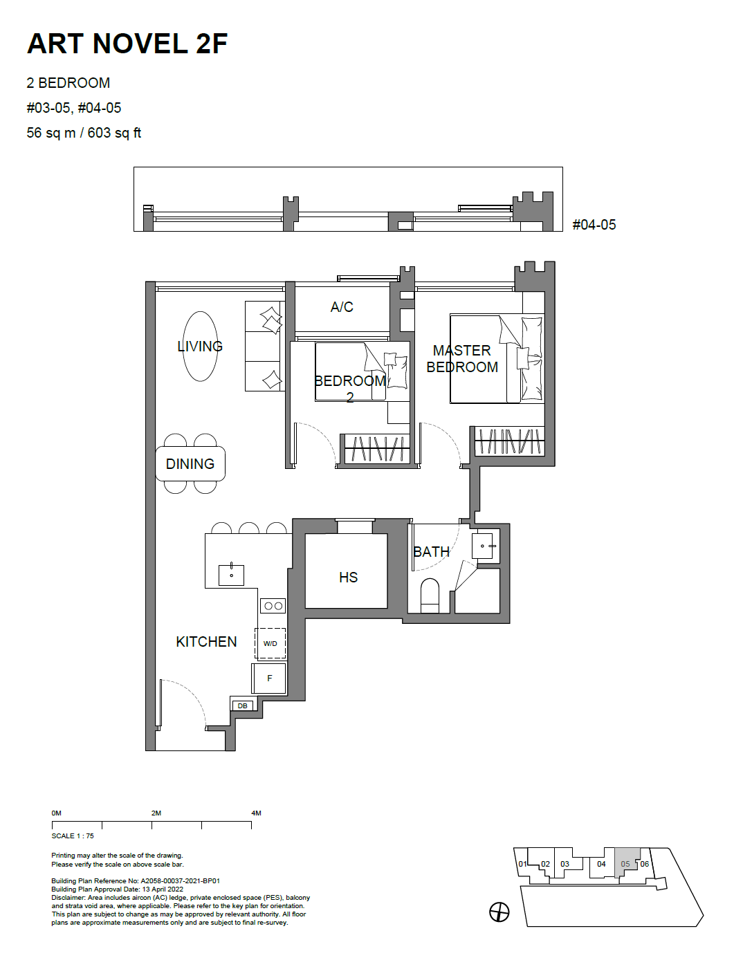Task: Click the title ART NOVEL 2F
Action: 127,44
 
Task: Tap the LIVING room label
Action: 200,346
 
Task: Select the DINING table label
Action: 190,463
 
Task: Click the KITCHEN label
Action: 206,641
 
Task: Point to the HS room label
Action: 348,577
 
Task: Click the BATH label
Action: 431,551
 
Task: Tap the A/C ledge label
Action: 342,307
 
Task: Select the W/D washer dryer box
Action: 270,643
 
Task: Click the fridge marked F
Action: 269,678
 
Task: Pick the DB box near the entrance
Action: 242,705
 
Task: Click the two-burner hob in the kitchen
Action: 273,606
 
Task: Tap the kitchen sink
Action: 231,575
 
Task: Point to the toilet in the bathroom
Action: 430,596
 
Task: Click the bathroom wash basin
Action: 482,546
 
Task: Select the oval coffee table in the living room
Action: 200,346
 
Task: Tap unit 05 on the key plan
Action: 625,863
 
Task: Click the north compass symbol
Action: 499,912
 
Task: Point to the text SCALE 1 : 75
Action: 73,836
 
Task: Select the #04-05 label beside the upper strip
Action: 594,225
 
